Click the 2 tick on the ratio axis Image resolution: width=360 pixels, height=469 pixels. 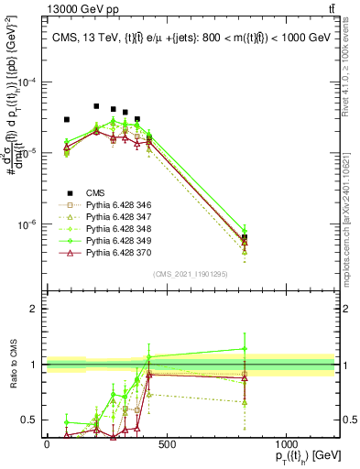(37, 309)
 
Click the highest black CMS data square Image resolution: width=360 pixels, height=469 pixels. (96, 106)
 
